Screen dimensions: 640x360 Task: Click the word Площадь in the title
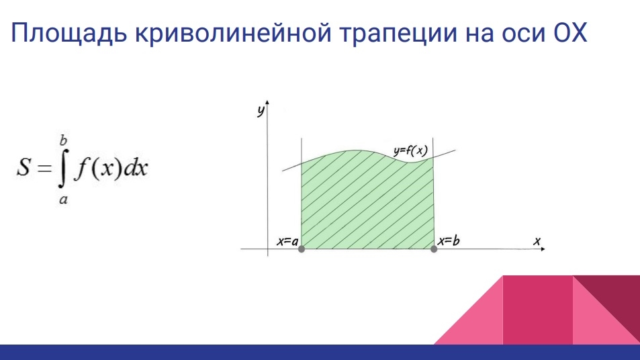(x=68, y=34)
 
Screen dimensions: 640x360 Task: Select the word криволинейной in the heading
(x=233, y=33)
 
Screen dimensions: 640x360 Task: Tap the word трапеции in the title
(x=398, y=34)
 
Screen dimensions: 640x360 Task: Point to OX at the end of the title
(x=569, y=32)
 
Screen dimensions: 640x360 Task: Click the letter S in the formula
(x=24, y=167)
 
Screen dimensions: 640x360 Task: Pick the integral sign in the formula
(x=63, y=169)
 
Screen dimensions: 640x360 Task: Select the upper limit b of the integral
(x=63, y=140)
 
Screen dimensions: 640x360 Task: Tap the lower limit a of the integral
(x=63, y=199)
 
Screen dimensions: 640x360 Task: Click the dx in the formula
(x=136, y=167)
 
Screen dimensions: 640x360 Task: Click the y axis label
(x=261, y=110)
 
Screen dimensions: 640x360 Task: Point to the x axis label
(x=537, y=241)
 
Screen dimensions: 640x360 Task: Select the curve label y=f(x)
(x=410, y=151)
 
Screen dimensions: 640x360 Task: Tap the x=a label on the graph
(x=287, y=241)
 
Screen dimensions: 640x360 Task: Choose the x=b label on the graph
(x=449, y=241)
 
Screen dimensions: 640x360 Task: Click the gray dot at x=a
(x=302, y=249)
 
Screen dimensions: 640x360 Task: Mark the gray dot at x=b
(x=434, y=249)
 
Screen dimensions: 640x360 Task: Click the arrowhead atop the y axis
(x=267, y=103)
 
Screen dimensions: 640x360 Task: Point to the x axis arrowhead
(x=543, y=249)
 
